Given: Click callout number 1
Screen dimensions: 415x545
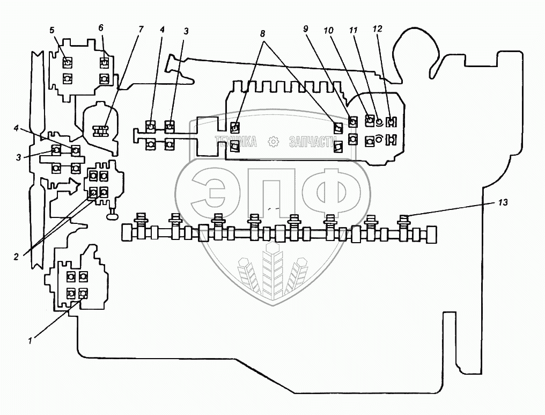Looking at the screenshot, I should (31, 339).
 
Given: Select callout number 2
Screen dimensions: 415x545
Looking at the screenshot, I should (16, 257).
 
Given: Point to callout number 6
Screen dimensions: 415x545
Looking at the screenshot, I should (101, 27).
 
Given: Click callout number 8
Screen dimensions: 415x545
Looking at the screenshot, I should (262, 32).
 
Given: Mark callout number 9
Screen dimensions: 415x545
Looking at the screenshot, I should (306, 29).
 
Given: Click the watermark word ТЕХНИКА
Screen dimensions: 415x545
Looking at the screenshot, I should (236, 142).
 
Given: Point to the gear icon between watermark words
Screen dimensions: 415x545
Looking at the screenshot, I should (273, 142).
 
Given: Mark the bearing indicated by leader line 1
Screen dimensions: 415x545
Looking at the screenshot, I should (83, 293).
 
